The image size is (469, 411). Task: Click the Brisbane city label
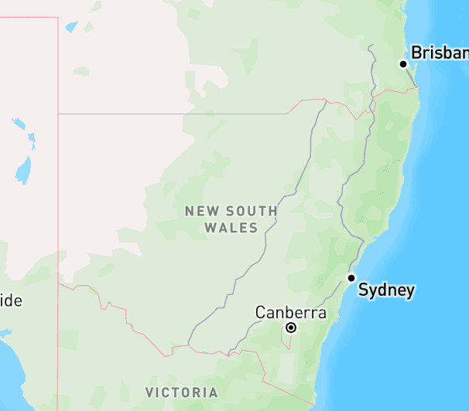pyautogui.click(x=440, y=53)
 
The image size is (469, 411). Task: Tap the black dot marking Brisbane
pyautogui.click(x=403, y=64)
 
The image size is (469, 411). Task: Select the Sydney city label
pyautogui.click(x=386, y=291)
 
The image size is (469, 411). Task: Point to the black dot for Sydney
pyautogui.click(x=351, y=278)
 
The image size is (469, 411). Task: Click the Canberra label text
pyautogui.click(x=290, y=313)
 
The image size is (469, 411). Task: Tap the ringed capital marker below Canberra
pyautogui.click(x=291, y=328)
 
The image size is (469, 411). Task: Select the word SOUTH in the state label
pyautogui.click(x=252, y=211)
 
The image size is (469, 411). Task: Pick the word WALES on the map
pyautogui.click(x=231, y=228)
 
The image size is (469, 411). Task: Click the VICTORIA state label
pyautogui.click(x=181, y=392)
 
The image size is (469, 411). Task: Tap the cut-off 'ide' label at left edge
pyautogui.click(x=11, y=301)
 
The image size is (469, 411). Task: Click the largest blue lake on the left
pyautogui.click(x=23, y=170)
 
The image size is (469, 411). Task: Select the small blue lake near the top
pyautogui.click(x=72, y=27)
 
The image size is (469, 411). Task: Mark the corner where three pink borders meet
pyautogui.click(x=58, y=114)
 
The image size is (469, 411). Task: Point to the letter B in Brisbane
pyautogui.click(x=416, y=53)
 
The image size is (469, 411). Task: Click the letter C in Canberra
pyautogui.click(x=262, y=313)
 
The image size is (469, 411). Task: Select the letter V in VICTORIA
pyautogui.click(x=149, y=392)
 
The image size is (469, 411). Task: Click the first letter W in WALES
pyautogui.click(x=210, y=228)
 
